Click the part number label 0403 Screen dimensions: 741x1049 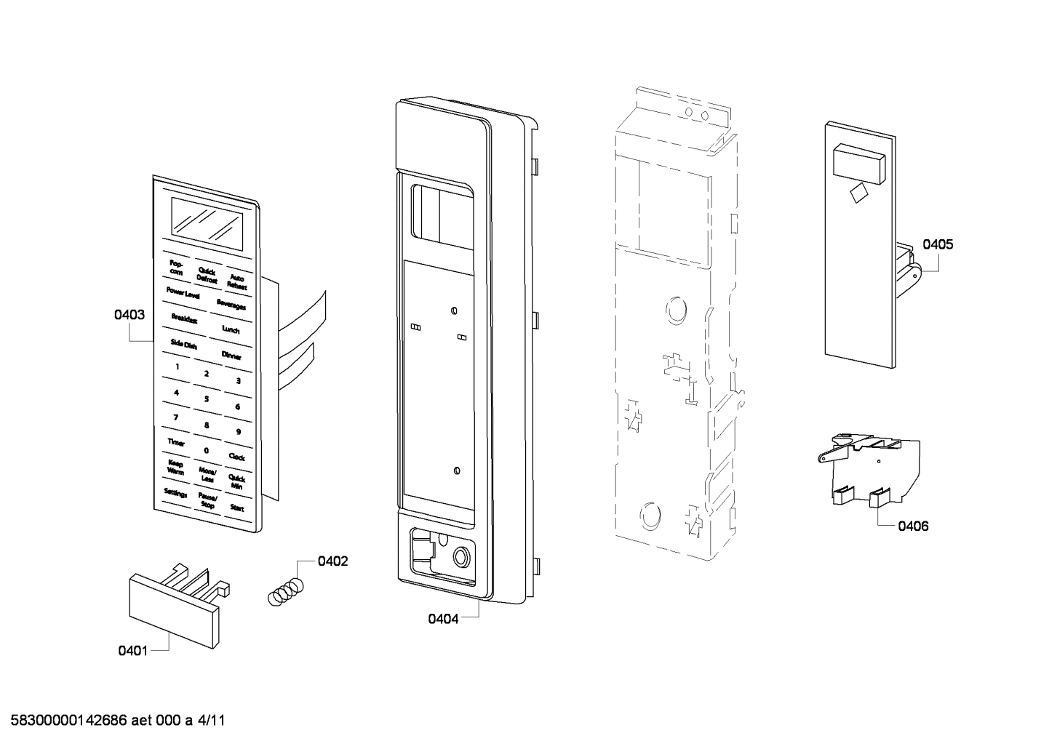pyautogui.click(x=129, y=315)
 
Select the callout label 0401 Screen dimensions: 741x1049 pyautogui.click(x=133, y=650)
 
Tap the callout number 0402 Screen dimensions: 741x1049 pyautogui.click(x=332, y=561)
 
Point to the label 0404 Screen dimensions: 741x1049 pyautogui.click(x=443, y=619)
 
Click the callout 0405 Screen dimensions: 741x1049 pyautogui.click(x=938, y=244)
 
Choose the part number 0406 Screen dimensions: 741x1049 pyautogui.click(x=913, y=526)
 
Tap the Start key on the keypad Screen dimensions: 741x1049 pyautogui.click(x=237, y=508)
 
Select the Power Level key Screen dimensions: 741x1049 pyautogui.click(x=183, y=292)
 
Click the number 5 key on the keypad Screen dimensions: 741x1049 pyautogui.click(x=207, y=398)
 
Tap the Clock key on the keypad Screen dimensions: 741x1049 pyautogui.click(x=236, y=457)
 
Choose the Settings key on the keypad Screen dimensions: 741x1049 pyautogui.click(x=175, y=494)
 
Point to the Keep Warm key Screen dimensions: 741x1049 pyautogui.click(x=175, y=467)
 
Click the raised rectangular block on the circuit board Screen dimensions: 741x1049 pyautogui.click(x=859, y=163)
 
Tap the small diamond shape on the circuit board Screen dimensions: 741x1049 pyautogui.click(x=858, y=193)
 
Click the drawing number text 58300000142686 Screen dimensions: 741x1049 pyautogui.click(x=69, y=721)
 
